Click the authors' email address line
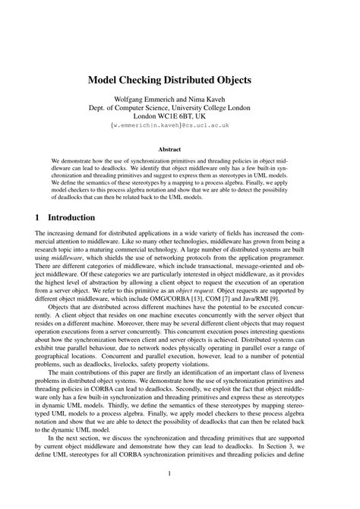coord(180,127)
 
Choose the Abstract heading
coord(180,150)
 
